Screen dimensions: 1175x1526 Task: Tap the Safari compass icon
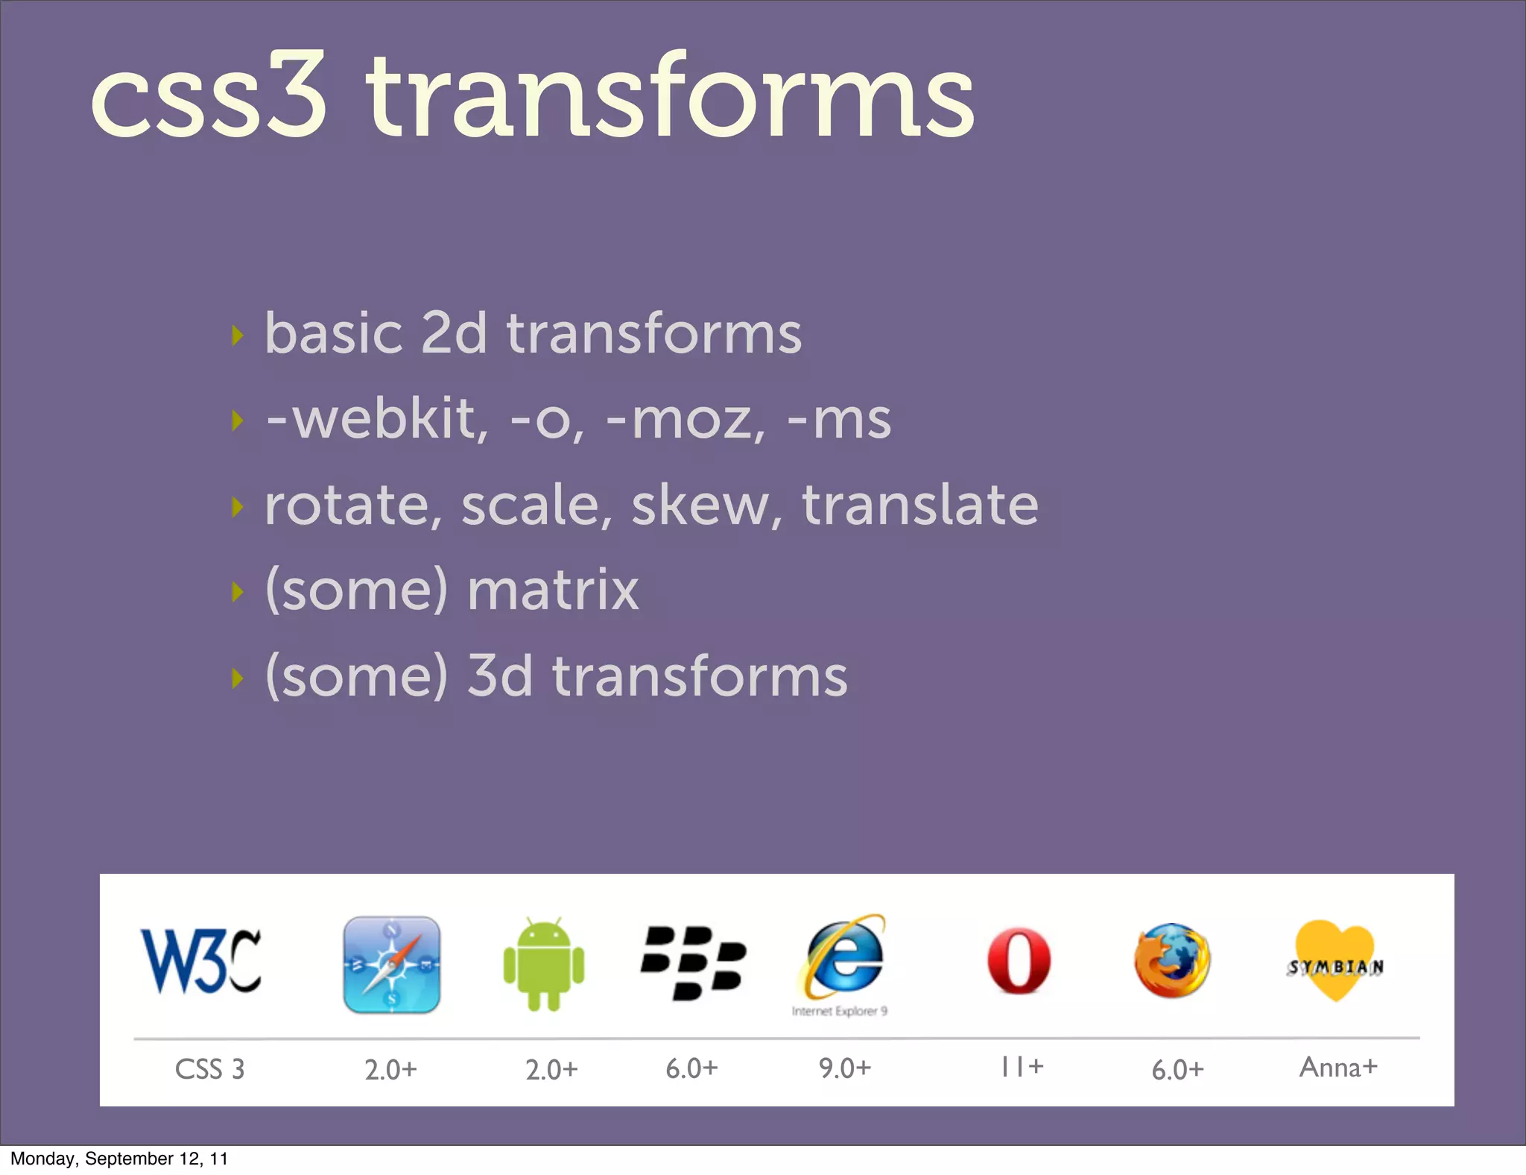click(x=392, y=964)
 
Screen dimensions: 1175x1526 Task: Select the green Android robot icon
click(x=544, y=964)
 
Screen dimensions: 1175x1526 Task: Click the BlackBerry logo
click(x=693, y=963)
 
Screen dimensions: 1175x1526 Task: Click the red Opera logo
click(x=1019, y=961)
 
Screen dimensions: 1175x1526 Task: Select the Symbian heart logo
click(x=1335, y=962)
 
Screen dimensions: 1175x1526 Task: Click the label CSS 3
click(x=209, y=1069)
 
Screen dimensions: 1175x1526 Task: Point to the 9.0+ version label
click(x=844, y=1068)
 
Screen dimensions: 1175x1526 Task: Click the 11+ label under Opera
click(x=1022, y=1067)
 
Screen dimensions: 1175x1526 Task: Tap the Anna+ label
click(x=1338, y=1067)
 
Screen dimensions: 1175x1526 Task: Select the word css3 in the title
click(x=209, y=97)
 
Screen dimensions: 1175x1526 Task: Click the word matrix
click(x=553, y=590)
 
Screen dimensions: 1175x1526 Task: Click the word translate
click(x=920, y=505)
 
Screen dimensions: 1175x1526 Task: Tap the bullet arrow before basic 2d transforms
click(x=238, y=336)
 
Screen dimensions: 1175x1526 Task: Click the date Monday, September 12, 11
click(x=119, y=1159)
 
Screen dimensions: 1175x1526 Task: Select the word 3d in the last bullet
click(x=500, y=675)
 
